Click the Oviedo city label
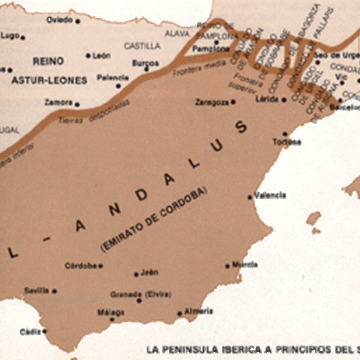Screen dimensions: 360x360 coord(60,19)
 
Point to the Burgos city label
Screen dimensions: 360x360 coord(145,64)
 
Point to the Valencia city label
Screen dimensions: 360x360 coord(271,195)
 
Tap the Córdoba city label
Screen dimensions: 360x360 coord(82,265)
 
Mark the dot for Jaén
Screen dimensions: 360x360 coord(136,274)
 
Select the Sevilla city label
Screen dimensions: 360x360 coord(36,291)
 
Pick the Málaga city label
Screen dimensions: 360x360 coord(110,312)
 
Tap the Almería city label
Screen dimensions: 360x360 coord(197,311)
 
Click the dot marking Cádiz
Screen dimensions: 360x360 coord(44,331)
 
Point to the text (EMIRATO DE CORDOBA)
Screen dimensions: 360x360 coord(155,217)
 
